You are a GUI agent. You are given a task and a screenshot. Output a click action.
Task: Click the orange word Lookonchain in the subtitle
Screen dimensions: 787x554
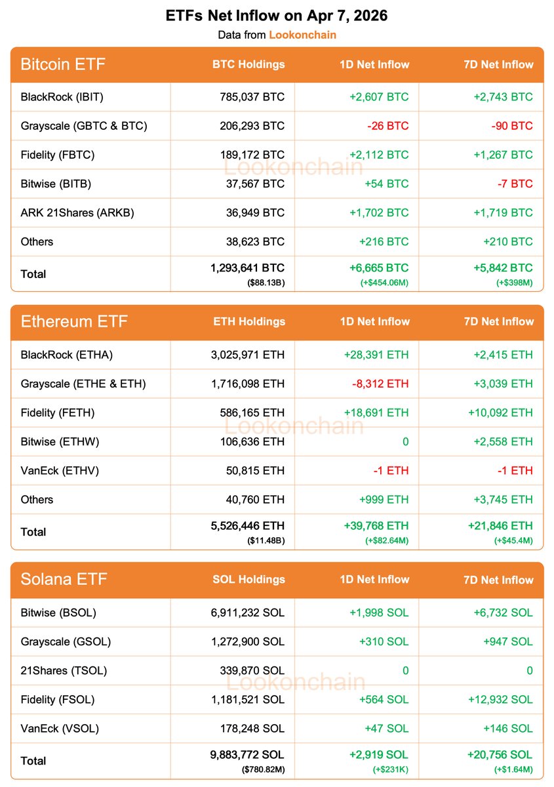pos(302,35)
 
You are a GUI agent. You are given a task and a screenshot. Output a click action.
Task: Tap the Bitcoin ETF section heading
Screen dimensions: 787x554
pos(63,64)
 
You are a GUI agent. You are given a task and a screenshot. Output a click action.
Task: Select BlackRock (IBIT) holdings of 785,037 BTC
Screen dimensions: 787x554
pos(252,97)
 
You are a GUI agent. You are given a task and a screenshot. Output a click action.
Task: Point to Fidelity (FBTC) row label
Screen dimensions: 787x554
pos(58,155)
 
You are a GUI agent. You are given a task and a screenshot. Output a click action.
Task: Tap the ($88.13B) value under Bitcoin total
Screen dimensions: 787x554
pos(266,282)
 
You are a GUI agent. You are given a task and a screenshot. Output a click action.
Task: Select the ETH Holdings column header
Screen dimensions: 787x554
pos(249,322)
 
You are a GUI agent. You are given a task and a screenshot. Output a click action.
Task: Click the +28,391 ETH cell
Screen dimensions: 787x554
pos(376,355)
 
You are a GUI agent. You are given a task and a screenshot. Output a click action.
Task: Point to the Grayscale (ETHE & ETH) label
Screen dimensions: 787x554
pos(83,384)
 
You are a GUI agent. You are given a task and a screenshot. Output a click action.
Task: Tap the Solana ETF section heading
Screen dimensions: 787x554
pos(64,580)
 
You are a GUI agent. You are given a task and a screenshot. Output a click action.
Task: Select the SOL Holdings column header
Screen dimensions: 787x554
pos(248,580)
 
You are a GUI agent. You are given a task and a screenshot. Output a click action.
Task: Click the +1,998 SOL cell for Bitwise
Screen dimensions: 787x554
pos(378,613)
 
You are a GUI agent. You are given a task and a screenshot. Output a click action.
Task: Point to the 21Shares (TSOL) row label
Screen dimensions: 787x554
pos(64,670)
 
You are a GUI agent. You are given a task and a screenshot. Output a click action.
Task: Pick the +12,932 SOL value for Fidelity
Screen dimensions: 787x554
pos(500,699)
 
